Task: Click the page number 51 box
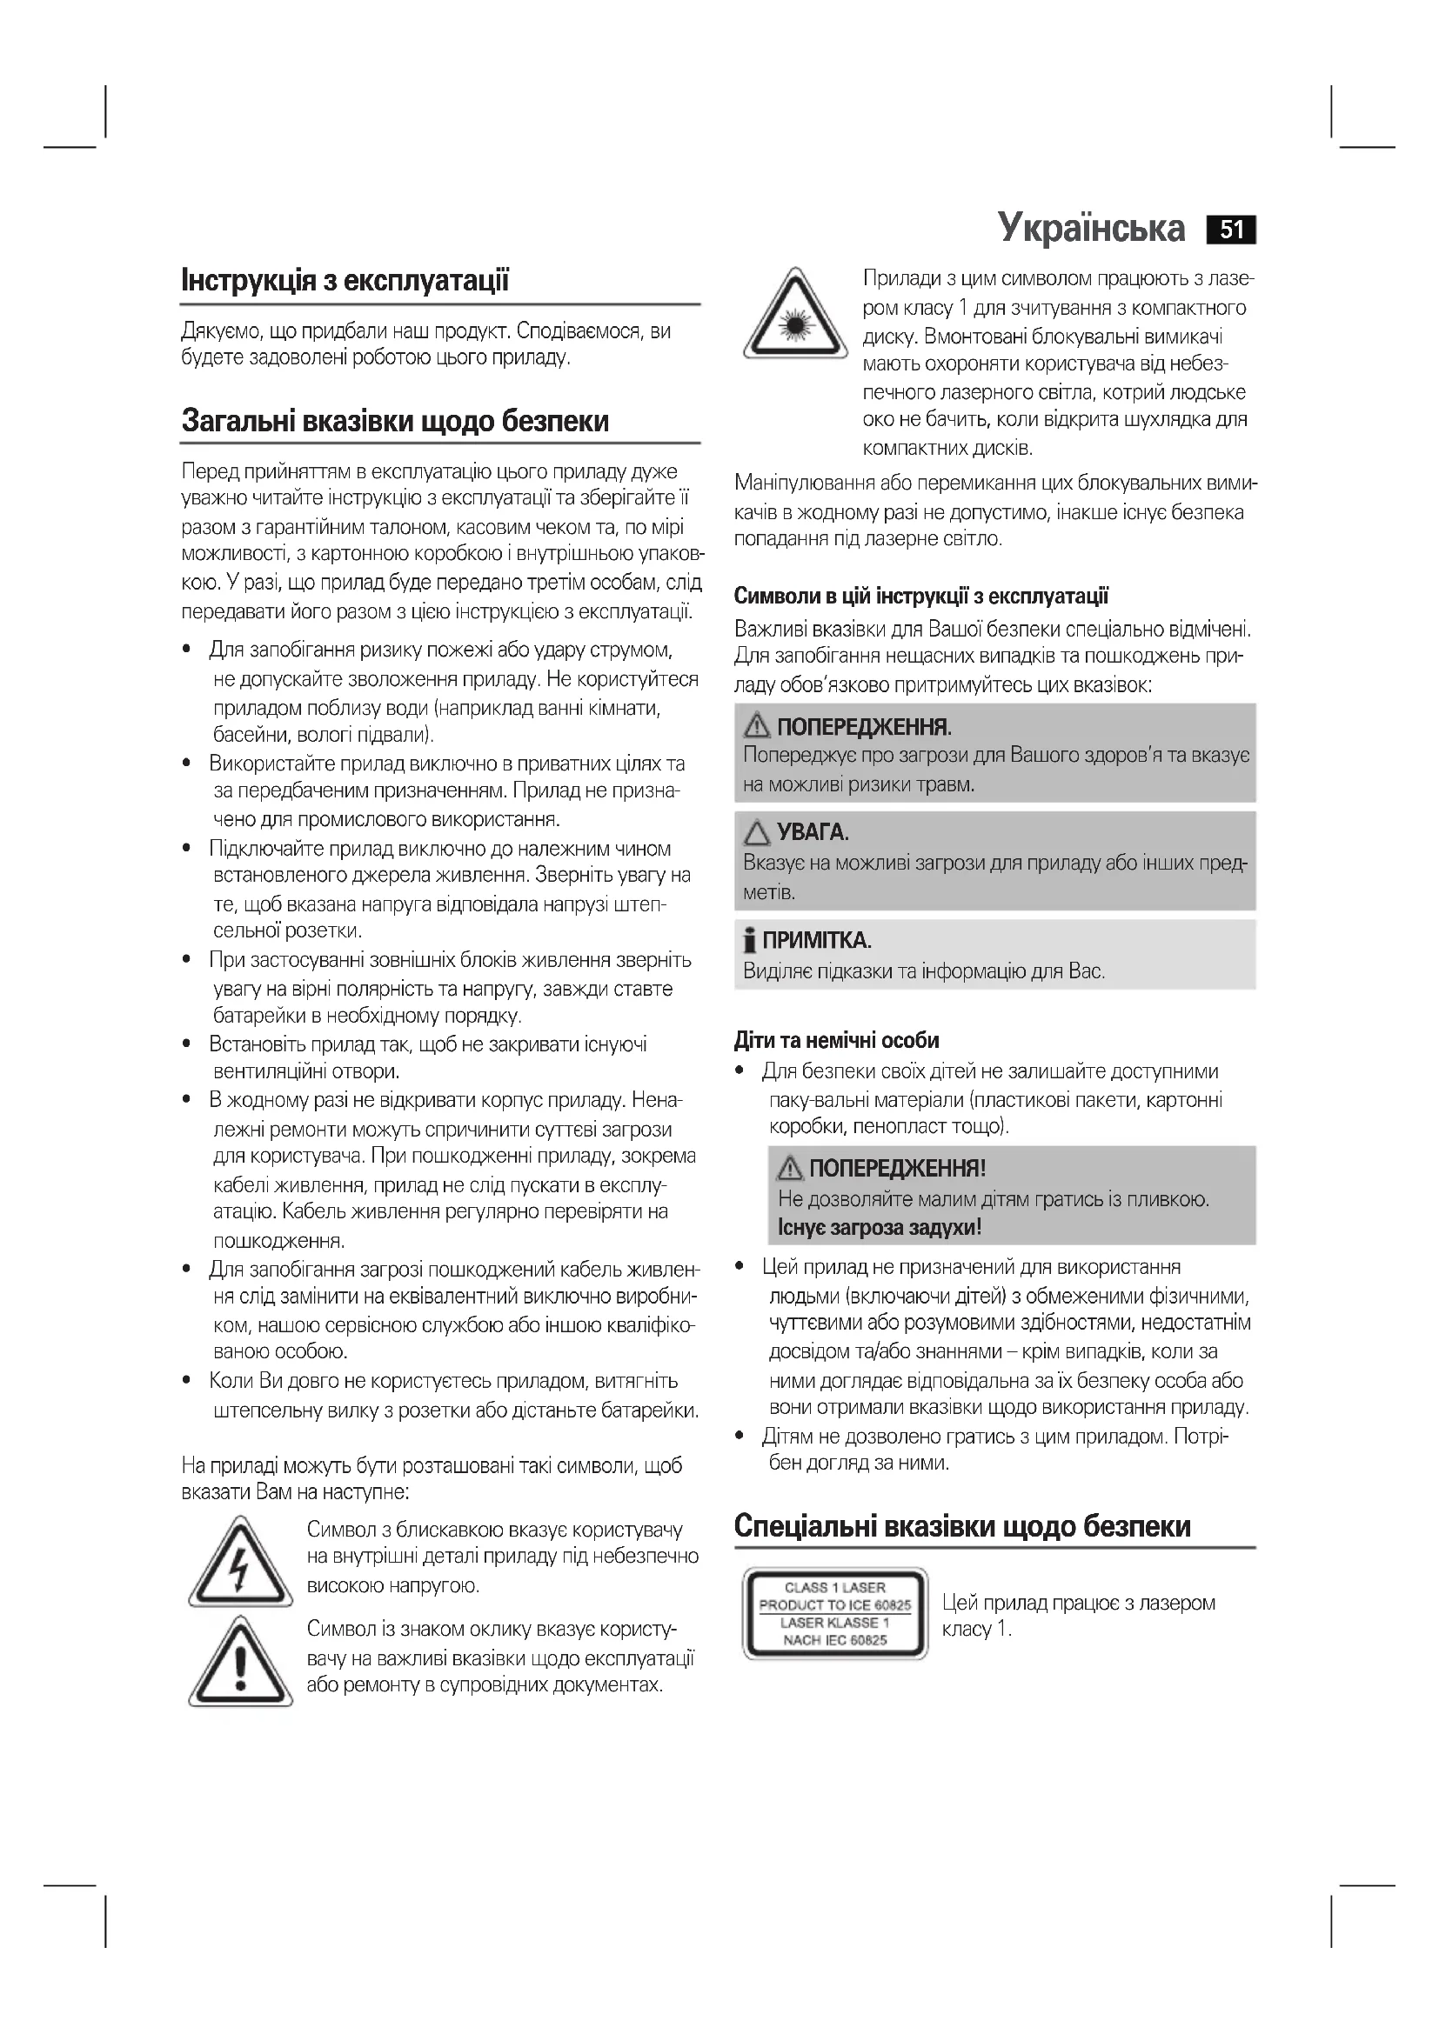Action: (1231, 230)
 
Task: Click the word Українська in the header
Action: (1091, 228)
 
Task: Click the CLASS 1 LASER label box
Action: (834, 1613)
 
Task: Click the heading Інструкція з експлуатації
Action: (345, 281)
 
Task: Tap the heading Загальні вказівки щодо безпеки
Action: (395, 420)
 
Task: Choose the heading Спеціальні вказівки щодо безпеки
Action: (962, 1525)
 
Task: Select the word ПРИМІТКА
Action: (817, 940)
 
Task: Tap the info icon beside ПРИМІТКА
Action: (751, 940)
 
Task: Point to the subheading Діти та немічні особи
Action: (836, 1040)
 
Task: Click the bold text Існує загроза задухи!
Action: (879, 1227)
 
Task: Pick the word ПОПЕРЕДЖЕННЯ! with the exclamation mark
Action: (897, 1169)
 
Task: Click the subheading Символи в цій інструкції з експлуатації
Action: (921, 597)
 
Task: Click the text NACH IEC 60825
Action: (834, 1640)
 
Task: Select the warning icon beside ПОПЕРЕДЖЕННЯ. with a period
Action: (757, 727)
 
